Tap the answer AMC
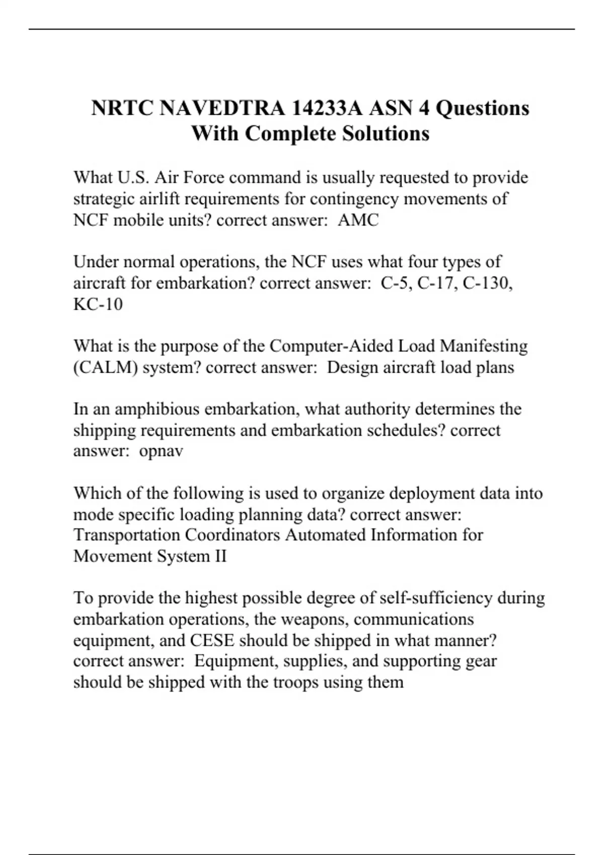click(x=358, y=220)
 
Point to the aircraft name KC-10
click(x=98, y=304)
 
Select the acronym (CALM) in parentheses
click(x=106, y=367)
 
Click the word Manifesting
click(x=483, y=346)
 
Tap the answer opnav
click(x=161, y=451)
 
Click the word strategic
click(x=97, y=199)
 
